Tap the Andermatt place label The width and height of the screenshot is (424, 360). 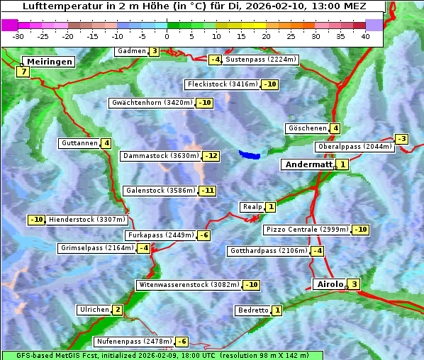point(308,164)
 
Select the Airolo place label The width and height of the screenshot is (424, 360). point(329,284)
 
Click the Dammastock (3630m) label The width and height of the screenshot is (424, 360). point(160,156)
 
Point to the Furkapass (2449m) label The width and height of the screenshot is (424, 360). point(160,235)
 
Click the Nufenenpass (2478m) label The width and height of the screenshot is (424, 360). point(134,342)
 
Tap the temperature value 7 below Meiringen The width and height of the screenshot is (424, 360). point(23,72)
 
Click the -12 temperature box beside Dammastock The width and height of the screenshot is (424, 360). point(211,156)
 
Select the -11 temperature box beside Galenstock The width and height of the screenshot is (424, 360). point(207,191)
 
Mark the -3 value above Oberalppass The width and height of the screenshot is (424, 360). point(401,139)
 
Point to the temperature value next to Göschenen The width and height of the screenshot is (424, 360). point(335,128)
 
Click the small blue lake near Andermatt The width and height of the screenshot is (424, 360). point(250,154)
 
